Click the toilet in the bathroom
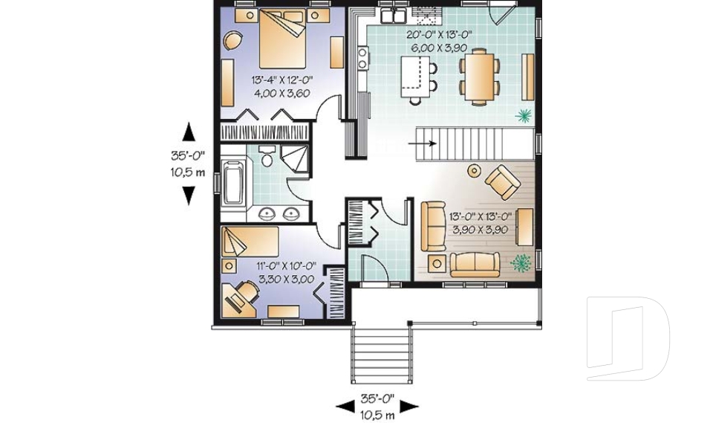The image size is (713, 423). click(267, 157)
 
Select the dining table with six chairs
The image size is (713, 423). click(479, 77)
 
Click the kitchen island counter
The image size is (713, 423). click(416, 77)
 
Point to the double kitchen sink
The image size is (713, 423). click(394, 16)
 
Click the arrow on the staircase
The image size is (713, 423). click(423, 144)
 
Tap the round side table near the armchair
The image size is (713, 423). click(475, 171)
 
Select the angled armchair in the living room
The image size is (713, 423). click(503, 182)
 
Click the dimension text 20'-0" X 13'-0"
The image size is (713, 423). click(439, 35)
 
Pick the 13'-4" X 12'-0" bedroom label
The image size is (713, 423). click(282, 80)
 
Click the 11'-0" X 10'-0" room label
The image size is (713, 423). click(286, 266)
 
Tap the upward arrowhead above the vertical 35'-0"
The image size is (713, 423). click(189, 132)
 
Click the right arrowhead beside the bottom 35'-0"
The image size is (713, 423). click(409, 407)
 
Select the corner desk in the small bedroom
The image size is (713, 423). click(238, 299)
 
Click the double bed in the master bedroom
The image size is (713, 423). click(282, 39)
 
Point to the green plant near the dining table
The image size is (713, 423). click(524, 116)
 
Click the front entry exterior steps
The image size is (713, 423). click(382, 355)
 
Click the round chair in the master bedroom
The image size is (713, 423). click(233, 41)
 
